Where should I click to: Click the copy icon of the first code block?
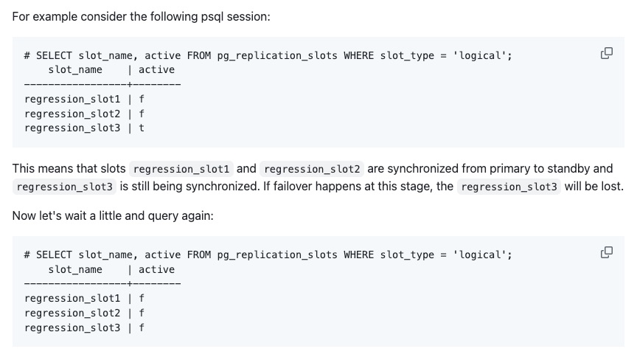click(x=607, y=53)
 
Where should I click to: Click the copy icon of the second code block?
click(x=607, y=252)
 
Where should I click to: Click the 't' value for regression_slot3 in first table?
click(x=142, y=128)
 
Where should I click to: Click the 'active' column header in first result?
click(x=156, y=69)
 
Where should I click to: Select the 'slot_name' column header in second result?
click(x=75, y=269)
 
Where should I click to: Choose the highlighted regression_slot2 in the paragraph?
click(x=313, y=169)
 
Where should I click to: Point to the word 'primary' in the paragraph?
click(x=501, y=168)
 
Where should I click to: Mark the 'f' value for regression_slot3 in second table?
click(x=142, y=327)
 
